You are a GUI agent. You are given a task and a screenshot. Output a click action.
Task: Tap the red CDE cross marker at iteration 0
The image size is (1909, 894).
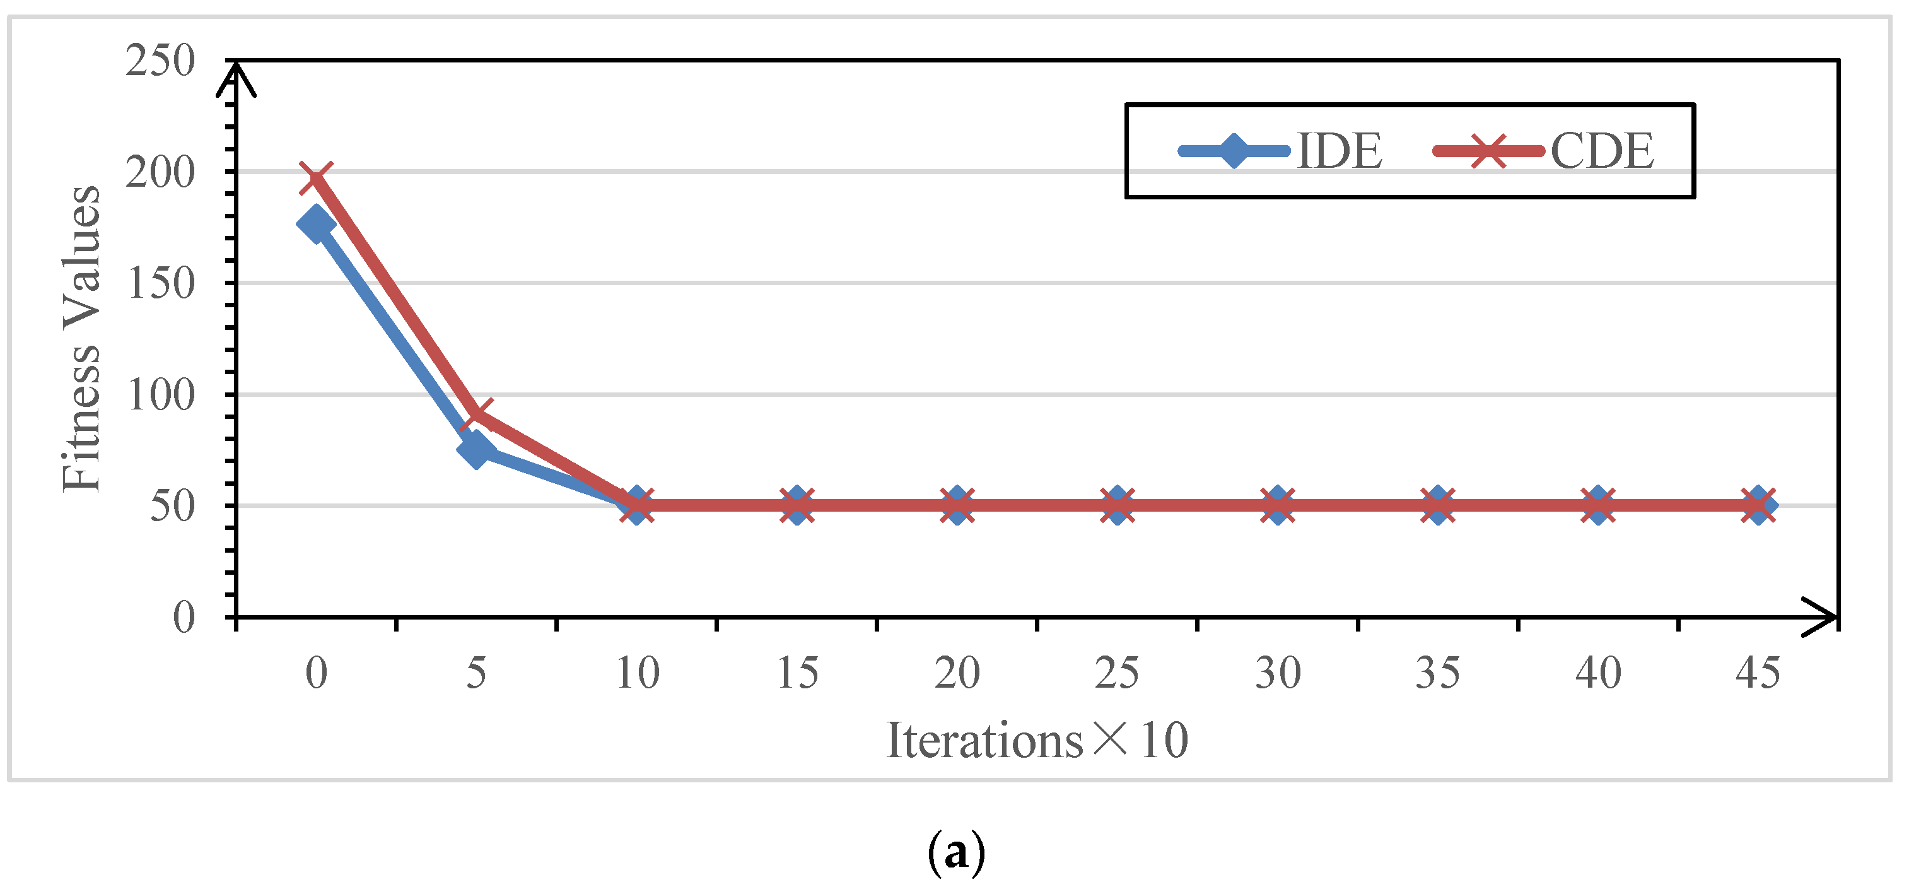(316, 178)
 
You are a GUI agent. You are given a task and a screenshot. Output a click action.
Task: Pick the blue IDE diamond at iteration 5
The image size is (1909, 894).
(476, 449)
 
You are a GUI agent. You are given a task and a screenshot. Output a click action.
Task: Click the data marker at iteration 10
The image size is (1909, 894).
(636, 505)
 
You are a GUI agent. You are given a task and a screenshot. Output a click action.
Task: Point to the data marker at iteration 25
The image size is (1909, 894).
(1118, 505)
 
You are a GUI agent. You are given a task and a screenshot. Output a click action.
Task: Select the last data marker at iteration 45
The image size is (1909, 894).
(1758, 505)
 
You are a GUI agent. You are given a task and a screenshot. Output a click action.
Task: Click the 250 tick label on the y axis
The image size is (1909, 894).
(160, 61)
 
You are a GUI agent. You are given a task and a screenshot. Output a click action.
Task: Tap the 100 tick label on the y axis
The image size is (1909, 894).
(160, 394)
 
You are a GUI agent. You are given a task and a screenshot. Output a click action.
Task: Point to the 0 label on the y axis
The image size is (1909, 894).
(184, 617)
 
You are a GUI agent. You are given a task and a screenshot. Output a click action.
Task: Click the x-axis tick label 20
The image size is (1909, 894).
(957, 673)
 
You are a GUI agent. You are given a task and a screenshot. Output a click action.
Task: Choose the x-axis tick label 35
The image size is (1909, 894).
(1438, 673)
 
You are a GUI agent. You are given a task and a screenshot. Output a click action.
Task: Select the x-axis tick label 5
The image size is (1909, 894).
(476, 673)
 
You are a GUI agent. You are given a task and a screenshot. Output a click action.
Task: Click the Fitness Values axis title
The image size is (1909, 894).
(81, 339)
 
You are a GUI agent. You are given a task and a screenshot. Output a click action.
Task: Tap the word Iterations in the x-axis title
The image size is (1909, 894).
(984, 741)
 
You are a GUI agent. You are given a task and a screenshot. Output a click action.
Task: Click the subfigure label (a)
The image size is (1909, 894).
(956, 853)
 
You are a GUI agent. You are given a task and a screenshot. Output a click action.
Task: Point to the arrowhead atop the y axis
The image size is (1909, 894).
(236, 78)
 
